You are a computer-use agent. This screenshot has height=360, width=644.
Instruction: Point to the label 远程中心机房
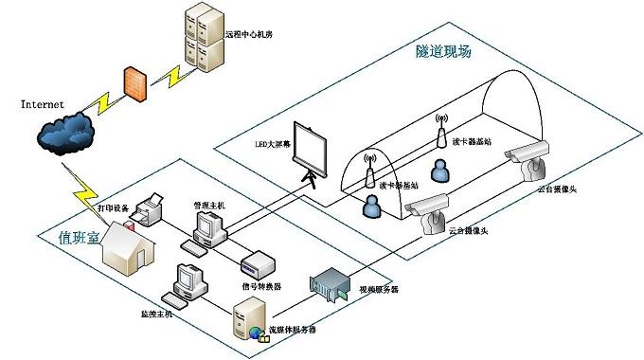(248, 34)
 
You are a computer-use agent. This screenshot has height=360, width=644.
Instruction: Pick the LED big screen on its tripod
(309, 151)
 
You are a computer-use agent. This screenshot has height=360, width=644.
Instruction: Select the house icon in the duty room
(128, 248)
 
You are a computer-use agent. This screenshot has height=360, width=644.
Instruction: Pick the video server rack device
(331, 285)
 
